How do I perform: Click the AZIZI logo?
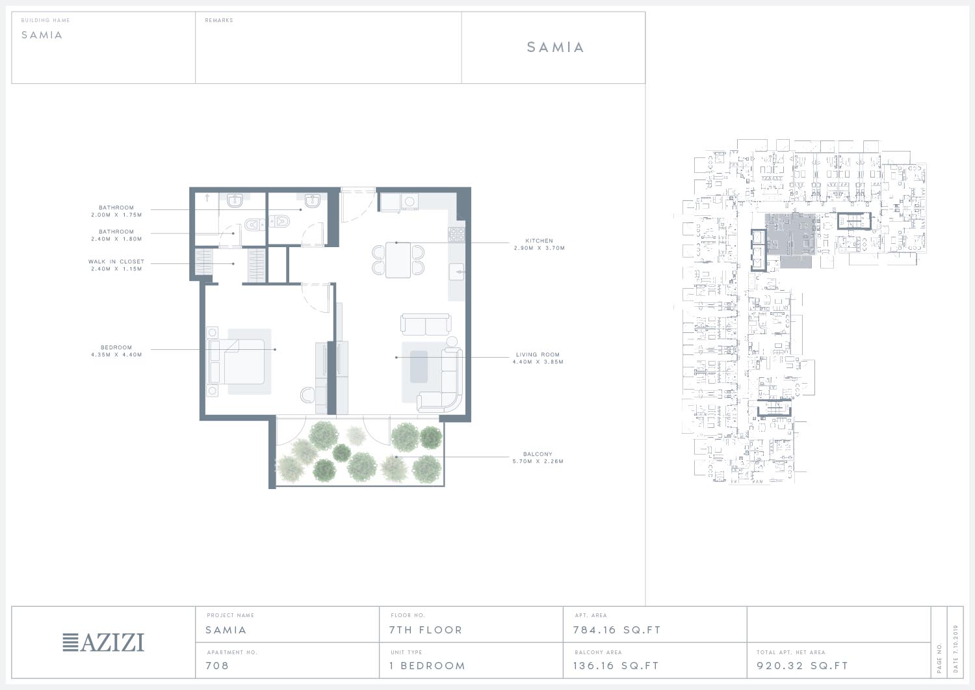tap(103, 643)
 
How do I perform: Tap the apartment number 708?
tap(217, 665)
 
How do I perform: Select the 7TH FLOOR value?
tap(426, 630)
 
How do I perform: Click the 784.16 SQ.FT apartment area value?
tap(617, 630)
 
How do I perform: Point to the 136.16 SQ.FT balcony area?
tap(616, 665)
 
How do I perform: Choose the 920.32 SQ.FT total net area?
tap(803, 665)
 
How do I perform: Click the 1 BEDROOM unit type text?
tap(428, 665)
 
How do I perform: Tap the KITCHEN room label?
tap(539, 241)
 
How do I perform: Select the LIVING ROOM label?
tap(538, 354)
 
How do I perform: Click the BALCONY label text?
tap(538, 454)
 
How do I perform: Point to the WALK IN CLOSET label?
tap(116, 261)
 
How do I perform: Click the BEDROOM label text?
tap(116, 347)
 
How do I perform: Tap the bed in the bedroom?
tap(237, 362)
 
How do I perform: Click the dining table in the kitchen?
tap(398, 260)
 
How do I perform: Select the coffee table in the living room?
tap(419, 366)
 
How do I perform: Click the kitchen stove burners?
tap(456, 234)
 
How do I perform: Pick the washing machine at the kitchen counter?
tap(409, 202)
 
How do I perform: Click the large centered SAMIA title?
tap(555, 47)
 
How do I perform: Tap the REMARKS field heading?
tap(219, 20)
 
